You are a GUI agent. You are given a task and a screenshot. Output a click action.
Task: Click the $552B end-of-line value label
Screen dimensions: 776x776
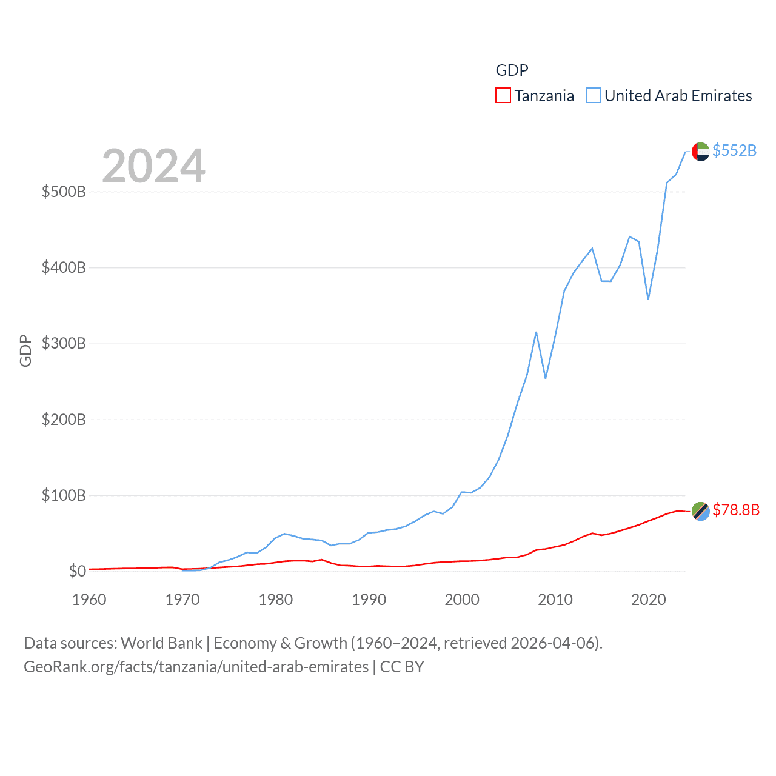[x=734, y=150]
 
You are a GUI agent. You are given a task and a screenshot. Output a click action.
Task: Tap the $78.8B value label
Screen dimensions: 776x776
[x=736, y=510]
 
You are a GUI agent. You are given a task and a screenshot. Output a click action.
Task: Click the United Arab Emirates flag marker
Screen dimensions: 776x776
[x=701, y=152]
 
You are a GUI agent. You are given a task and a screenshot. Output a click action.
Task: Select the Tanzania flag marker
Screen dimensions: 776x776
[x=701, y=511]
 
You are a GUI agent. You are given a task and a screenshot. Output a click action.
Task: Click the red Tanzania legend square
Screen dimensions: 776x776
[x=503, y=96]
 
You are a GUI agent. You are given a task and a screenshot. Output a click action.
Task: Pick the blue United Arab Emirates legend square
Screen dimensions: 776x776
[x=594, y=96]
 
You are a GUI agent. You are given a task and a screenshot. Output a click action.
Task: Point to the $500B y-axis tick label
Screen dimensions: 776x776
[x=64, y=192]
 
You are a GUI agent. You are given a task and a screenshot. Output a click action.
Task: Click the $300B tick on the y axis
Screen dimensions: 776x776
[x=64, y=344]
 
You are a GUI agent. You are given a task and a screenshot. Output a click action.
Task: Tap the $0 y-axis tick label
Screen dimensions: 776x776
[x=77, y=571]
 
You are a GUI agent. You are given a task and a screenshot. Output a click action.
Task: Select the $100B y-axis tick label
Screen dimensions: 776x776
[x=64, y=495]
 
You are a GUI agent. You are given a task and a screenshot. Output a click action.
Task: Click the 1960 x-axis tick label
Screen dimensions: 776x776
[x=89, y=600]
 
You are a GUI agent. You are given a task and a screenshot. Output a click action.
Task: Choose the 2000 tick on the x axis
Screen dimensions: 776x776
[x=462, y=600]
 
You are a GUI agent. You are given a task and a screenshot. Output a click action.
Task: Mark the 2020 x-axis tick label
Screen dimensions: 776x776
[x=648, y=600]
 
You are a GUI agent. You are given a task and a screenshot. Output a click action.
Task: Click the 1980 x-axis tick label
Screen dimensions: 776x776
[x=275, y=600]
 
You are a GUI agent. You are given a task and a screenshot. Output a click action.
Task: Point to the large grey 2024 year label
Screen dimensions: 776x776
[x=153, y=166]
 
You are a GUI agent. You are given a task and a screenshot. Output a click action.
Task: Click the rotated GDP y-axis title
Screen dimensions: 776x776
[x=25, y=350]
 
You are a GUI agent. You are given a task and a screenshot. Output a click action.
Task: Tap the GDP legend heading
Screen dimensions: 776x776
[x=512, y=70]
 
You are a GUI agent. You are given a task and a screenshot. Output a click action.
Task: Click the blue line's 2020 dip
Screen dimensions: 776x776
[x=648, y=299]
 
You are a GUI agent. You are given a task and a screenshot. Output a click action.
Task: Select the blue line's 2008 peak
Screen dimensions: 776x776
[x=537, y=332]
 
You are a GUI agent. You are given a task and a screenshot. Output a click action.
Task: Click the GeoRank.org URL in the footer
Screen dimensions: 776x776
[x=196, y=667]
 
